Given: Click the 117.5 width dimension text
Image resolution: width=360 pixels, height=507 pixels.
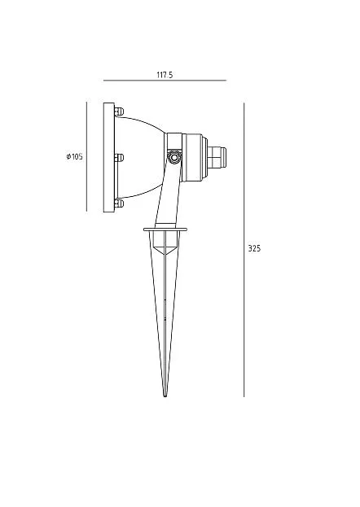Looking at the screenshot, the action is (165, 75).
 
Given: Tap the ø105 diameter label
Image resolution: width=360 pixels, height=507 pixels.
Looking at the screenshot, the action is (74, 157).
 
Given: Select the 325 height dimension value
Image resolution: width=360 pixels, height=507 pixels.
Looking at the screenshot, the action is (254, 248).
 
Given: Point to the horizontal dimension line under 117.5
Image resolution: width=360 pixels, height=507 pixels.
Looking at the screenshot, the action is (165, 81).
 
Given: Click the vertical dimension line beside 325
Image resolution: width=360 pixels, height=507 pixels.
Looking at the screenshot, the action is (244, 250).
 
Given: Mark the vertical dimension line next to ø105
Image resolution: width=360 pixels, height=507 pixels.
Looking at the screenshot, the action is (86, 157).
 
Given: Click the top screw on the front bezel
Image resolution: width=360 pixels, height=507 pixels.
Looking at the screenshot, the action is (119, 111).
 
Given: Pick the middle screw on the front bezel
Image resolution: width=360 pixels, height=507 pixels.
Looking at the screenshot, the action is (119, 158).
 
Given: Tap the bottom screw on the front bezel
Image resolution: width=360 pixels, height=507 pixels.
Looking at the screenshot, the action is (119, 203).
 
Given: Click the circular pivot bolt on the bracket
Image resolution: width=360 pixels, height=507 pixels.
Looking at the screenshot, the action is (174, 157).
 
